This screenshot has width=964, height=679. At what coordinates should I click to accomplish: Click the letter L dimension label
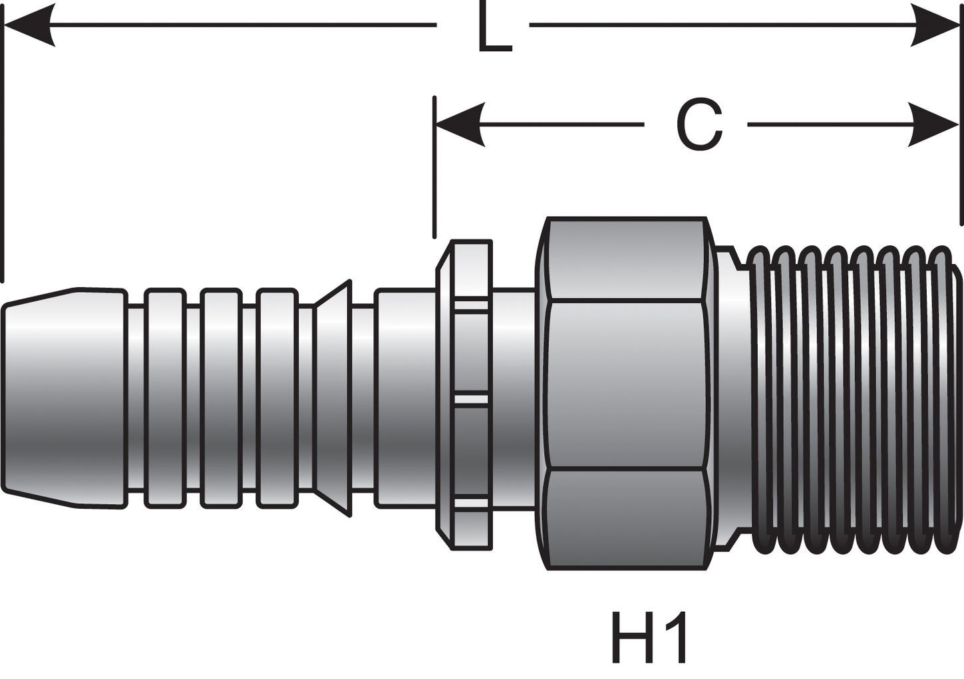[494, 31]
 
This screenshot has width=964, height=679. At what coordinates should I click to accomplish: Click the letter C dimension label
[699, 125]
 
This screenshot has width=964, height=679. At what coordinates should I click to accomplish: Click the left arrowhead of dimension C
[459, 124]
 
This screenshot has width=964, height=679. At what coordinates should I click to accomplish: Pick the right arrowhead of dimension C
[935, 124]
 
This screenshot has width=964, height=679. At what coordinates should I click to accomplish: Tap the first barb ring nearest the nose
[164, 398]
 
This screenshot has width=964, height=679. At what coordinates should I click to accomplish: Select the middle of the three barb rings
[221, 398]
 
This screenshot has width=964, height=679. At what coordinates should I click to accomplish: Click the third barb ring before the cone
[277, 398]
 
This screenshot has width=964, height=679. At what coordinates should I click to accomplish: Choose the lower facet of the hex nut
[625, 519]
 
